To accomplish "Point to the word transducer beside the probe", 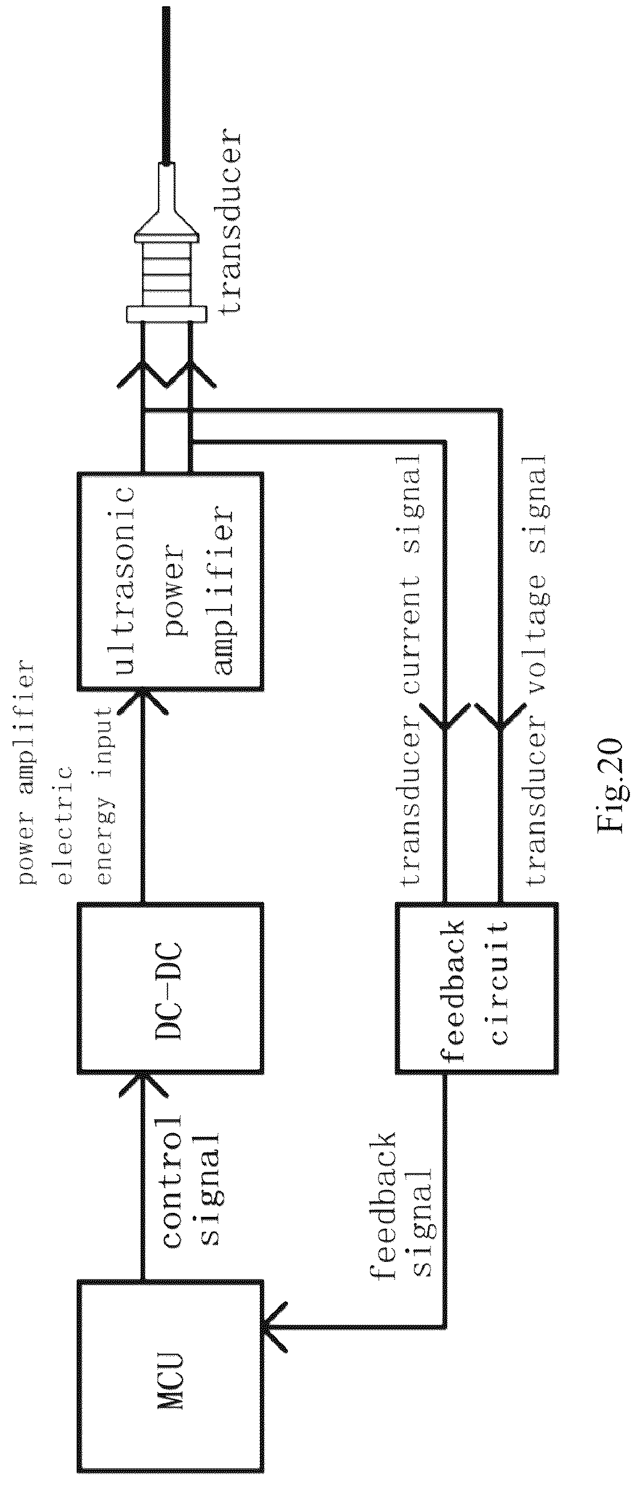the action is (229, 222).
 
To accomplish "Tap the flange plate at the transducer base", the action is (165, 314).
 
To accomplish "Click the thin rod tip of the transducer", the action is (167, 84).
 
